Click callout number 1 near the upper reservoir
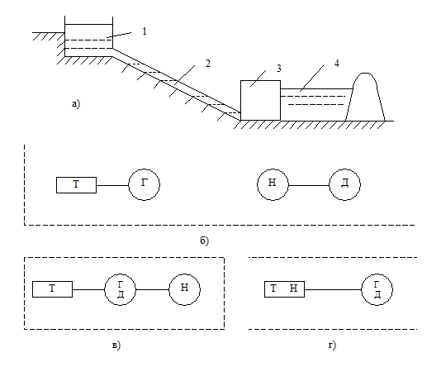tap(145, 31)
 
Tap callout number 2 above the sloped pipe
tap(208, 64)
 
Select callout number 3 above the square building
tap(278, 69)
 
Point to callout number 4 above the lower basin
tap(337, 64)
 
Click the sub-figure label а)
tap(76, 104)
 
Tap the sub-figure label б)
tap(205, 241)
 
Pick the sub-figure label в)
tap(116, 345)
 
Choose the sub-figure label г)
tap(332, 345)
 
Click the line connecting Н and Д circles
tap(309, 185)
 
